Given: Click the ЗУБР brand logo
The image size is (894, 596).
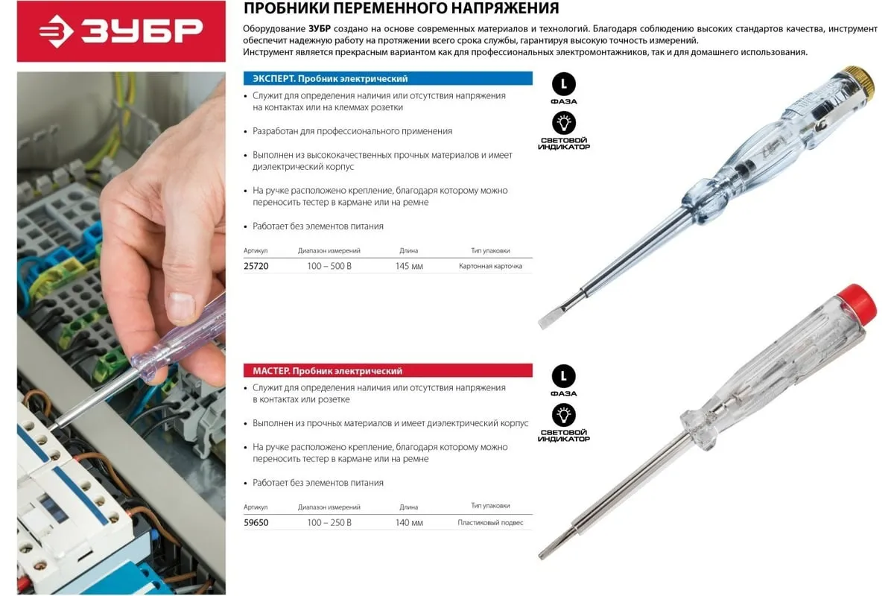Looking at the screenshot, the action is pos(121,31).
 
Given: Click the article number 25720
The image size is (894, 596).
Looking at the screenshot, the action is pos(256,266).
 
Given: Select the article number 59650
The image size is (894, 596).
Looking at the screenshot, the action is pos(256,522).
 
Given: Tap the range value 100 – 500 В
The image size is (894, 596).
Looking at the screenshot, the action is pos(329,266).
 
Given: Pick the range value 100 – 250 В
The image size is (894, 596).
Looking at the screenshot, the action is pos(329,522).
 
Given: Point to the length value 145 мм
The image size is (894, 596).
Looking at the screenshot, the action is pos(409,266).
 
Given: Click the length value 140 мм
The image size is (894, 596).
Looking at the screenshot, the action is pos(409,522).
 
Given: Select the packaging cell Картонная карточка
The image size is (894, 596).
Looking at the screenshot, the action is pos(490,266).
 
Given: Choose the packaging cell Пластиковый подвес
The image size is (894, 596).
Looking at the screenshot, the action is pos(490,522).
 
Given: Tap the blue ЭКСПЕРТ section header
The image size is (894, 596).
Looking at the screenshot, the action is pos(388,79).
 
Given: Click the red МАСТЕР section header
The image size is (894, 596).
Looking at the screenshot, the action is pos(388,371).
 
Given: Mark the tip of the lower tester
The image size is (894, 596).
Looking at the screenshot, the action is pos(541,555).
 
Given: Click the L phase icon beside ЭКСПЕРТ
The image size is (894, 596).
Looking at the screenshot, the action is pos(563,84).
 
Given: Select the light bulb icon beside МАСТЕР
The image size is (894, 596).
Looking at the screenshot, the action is pos(563,415).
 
